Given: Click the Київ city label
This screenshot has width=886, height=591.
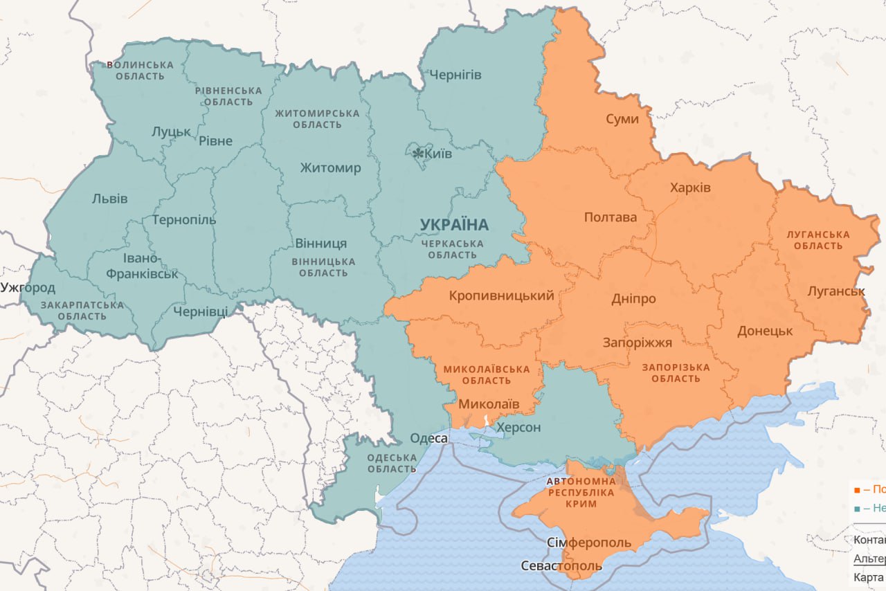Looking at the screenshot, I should click(x=439, y=154).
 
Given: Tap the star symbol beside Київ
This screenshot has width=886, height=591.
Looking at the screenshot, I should click(x=418, y=153).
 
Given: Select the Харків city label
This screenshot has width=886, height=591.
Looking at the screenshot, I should click(x=690, y=188).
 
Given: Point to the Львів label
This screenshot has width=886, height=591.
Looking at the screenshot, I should click(x=109, y=199).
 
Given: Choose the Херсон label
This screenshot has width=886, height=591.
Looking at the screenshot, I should click(x=518, y=428).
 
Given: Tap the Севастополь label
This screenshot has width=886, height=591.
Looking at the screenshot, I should click(x=561, y=566).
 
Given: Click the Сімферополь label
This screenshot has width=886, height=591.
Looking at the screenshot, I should click(x=588, y=542).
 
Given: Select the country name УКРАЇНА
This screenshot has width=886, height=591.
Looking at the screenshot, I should click(x=454, y=224).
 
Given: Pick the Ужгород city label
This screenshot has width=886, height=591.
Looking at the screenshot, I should click(x=28, y=287).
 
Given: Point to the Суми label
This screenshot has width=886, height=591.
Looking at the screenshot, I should click(x=622, y=119).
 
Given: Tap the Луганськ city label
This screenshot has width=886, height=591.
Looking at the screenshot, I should click(x=836, y=291).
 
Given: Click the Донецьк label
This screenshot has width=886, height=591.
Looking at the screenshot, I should click(x=764, y=331).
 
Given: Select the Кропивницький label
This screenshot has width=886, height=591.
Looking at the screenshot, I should click(x=501, y=296).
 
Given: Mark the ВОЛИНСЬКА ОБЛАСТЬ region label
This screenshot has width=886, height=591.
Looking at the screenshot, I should click(x=140, y=70).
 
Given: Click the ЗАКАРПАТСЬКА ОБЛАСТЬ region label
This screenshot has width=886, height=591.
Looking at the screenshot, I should click(x=82, y=310).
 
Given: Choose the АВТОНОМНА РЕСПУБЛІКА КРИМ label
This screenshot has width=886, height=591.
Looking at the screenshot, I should click(x=581, y=492).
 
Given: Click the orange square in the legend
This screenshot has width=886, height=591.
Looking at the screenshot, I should click(x=857, y=490).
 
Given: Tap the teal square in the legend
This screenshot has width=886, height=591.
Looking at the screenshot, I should click(x=857, y=509).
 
